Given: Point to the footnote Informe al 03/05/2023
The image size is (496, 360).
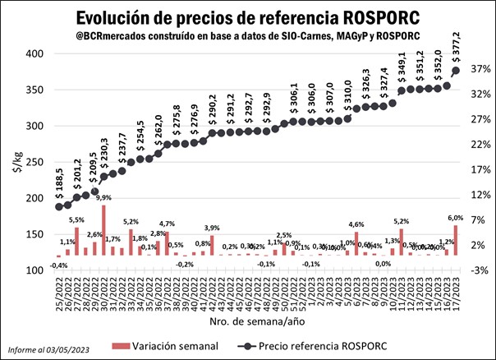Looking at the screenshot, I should click(52, 349).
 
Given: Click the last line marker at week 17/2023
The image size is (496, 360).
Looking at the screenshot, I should click(456, 71).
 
